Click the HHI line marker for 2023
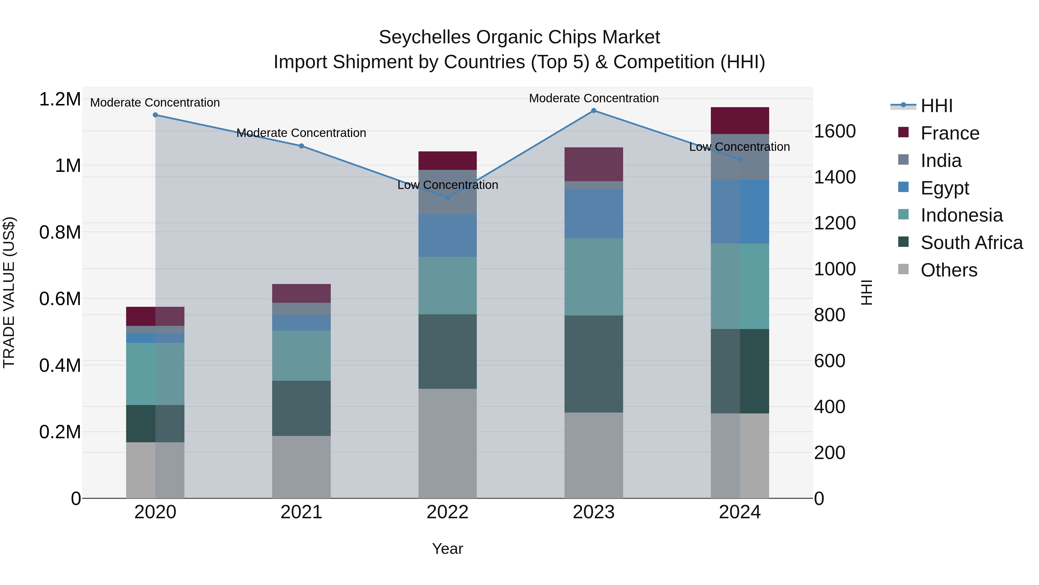pyautogui.click(x=593, y=111)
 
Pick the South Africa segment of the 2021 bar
pyautogui.click(x=301, y=408)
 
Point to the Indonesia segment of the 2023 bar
pyautogui.click(x=593, y=277)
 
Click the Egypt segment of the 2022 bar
pyautogui.click(x=447, y=236)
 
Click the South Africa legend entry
pyautogui.click(x=971, y=243)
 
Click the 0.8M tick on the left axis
pyautogui.click(x=60, y=233)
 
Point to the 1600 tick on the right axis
pyautogui.click(x=834, y=131)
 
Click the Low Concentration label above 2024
pyautogui.click(x=739, y=147)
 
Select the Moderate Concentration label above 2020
pyautogui.click(x=155, y=103)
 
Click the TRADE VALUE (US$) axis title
pyautogui.click(x=9, y=292)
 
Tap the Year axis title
pyautogui.click(x=447, y=549)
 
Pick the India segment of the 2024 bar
pyautogui.click(x=740, y=157)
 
